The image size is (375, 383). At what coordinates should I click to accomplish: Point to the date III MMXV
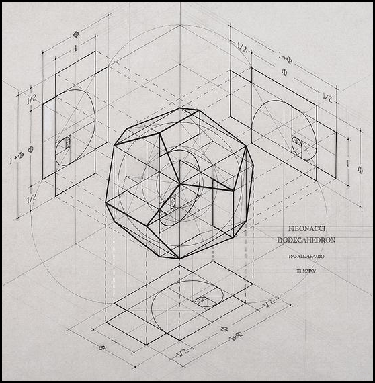304,270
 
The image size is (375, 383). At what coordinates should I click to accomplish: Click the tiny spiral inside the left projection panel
66,144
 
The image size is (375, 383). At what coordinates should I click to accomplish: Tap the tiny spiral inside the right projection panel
297,143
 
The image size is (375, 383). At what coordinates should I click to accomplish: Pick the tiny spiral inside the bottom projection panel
201,300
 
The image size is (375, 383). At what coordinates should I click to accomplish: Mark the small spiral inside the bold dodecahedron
171,201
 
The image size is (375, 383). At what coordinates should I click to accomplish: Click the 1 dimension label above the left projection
75,48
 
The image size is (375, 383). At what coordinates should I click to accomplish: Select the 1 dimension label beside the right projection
349,162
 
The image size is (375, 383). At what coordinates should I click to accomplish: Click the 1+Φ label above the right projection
284,53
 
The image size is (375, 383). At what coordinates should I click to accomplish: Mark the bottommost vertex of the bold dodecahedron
179,258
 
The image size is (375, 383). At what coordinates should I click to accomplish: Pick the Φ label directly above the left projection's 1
75,33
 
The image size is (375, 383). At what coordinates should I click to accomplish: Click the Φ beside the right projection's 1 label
360,171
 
